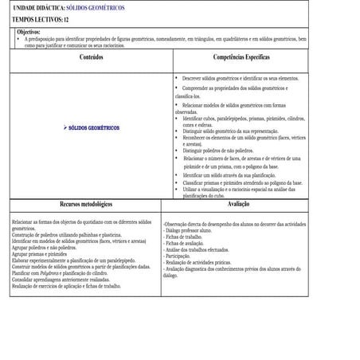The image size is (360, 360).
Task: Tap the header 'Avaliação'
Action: (238, 205)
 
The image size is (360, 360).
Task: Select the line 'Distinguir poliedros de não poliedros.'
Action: (221, 150)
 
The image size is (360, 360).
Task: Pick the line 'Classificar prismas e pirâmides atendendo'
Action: (242, 182)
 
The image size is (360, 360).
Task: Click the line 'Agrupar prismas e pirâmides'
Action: (40, 254)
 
